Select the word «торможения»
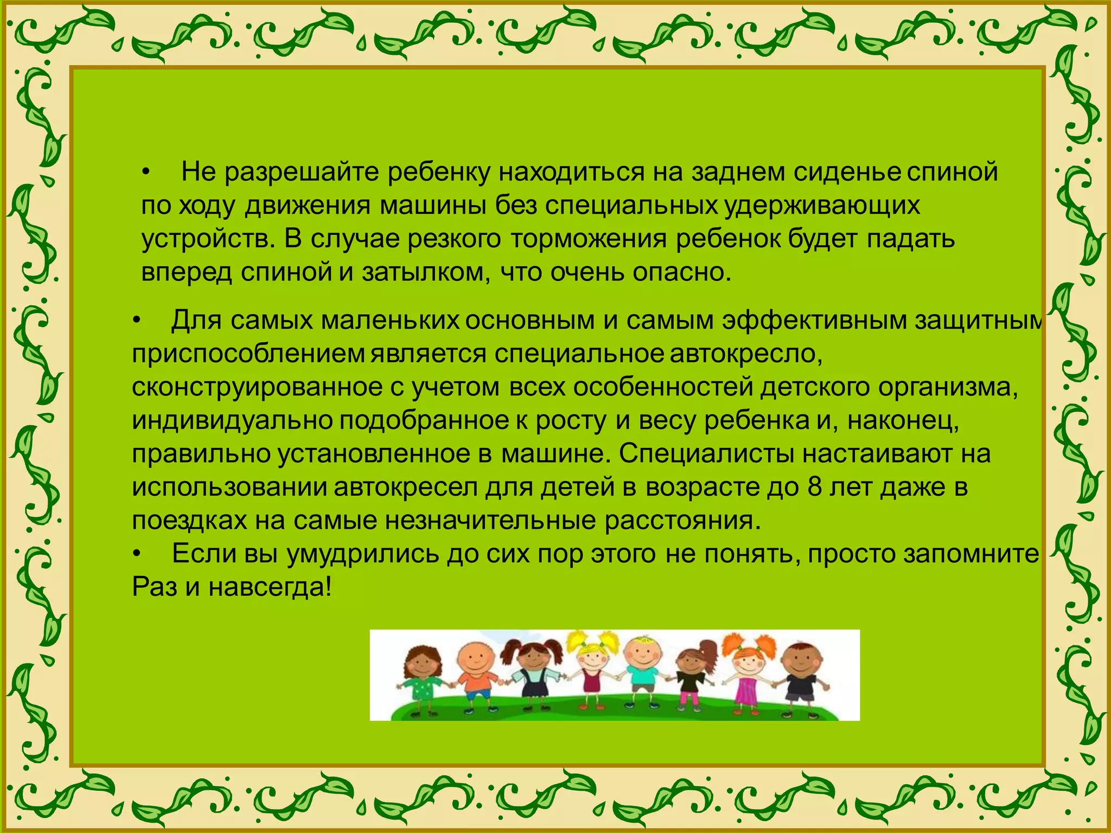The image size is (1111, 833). pos(588,239)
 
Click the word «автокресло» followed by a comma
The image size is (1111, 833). pos(746,354)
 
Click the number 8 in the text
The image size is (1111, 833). pos(815,487)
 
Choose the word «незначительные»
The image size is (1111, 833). pos(490,521)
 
